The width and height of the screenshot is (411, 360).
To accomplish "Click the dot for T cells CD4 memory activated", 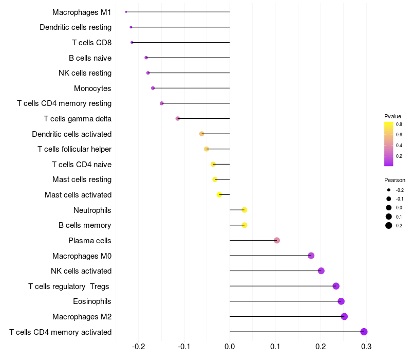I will [364, 332].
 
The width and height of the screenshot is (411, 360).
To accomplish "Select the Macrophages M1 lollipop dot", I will [126, 12].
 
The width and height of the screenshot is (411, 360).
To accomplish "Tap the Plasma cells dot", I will [277, 240].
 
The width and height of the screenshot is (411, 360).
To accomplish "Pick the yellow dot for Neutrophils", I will [245, 210].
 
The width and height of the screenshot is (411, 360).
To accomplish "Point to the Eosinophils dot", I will [341, 301].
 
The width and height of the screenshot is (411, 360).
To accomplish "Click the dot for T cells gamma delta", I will [178, 118].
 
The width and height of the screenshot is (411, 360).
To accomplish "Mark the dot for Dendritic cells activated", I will [202, 134].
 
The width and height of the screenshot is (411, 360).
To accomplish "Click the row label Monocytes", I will [92, 88].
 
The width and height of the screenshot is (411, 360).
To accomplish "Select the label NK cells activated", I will [81, 271].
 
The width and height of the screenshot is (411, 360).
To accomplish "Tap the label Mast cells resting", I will [82, 179].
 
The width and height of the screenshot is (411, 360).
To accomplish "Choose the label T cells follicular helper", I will [74, 149].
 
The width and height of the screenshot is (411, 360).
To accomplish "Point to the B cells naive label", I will [90, 58].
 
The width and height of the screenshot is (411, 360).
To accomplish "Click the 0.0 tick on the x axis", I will [230, 347].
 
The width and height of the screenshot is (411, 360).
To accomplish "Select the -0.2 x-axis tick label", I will [139, 347].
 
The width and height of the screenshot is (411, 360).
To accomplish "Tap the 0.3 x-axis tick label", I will [366, 347].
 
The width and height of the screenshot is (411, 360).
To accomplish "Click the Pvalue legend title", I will [393, 116].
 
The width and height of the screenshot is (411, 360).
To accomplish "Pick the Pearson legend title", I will [395, 180].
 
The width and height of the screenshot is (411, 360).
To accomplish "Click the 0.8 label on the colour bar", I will [399, 124].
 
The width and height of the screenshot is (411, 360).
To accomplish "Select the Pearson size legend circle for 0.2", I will [389, 225].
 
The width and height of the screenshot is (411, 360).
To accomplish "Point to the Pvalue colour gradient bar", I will [389, 144].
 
